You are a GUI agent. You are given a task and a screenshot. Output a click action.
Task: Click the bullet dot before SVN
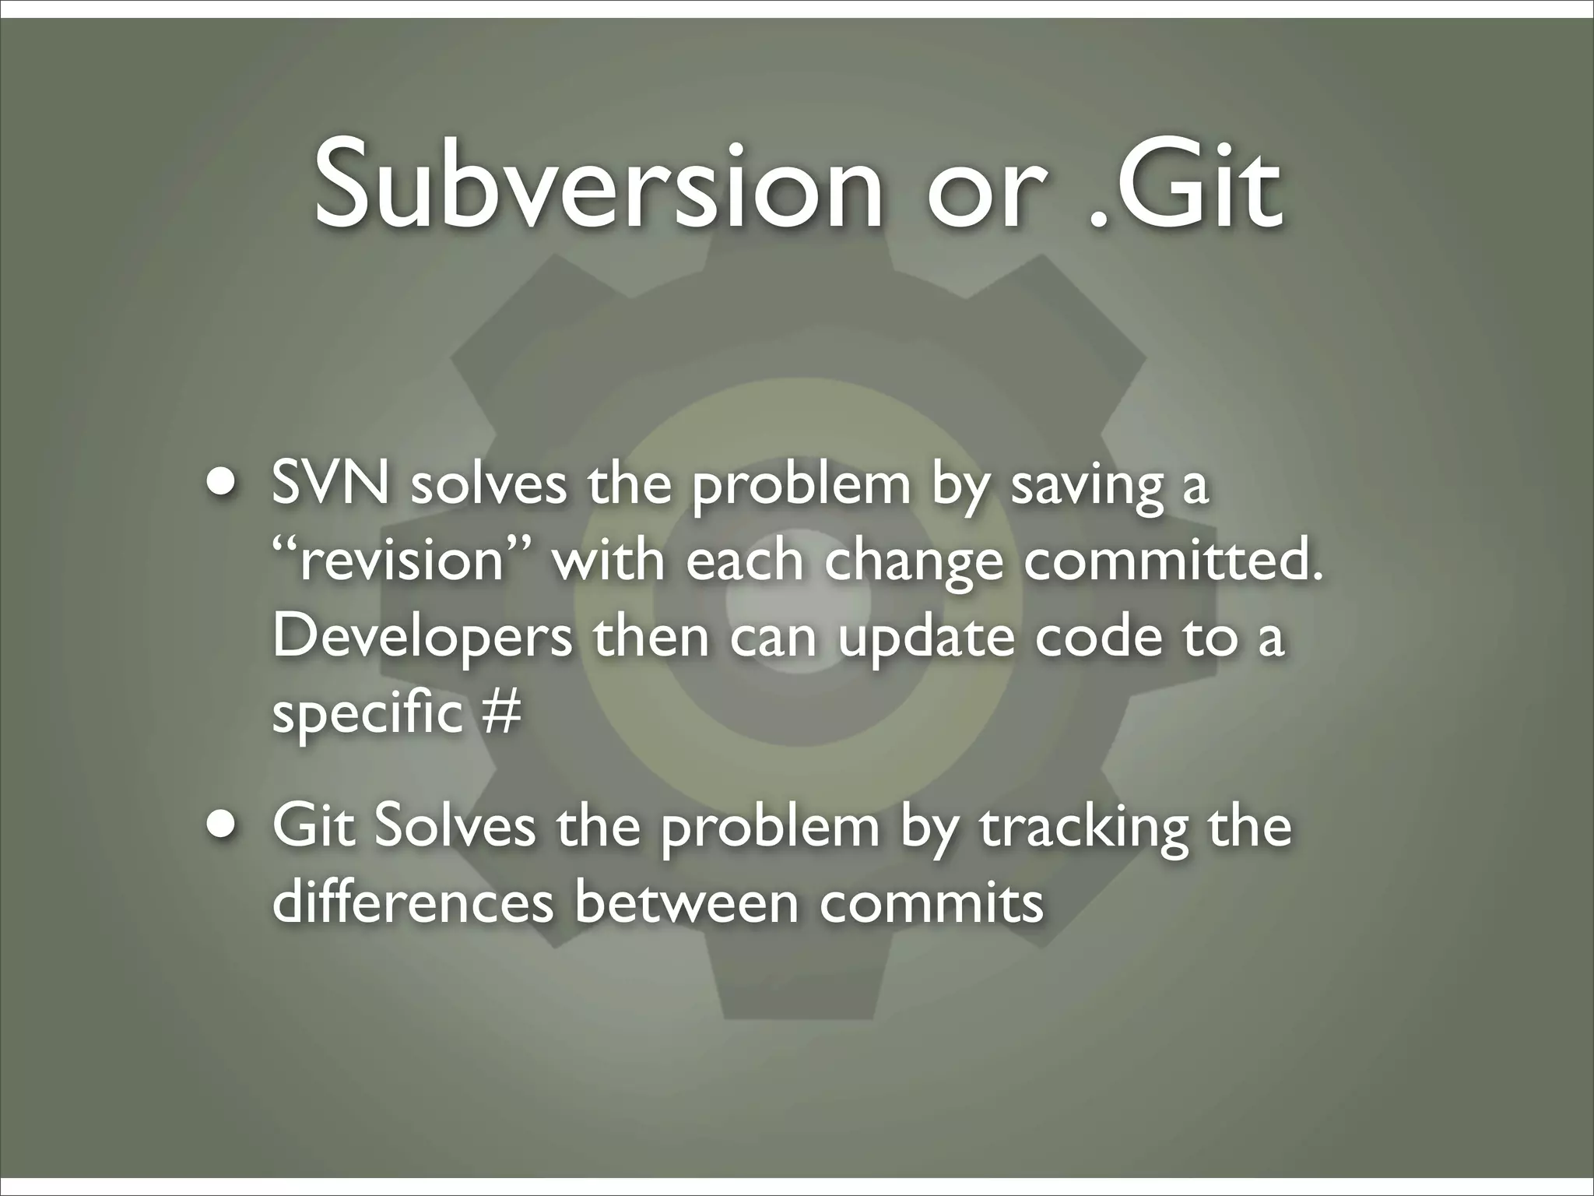click(x=223, y=480)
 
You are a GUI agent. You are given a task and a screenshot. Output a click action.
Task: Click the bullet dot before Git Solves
click(x=223, y=825)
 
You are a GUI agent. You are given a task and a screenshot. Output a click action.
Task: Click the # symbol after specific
click(x=500, y=712)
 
